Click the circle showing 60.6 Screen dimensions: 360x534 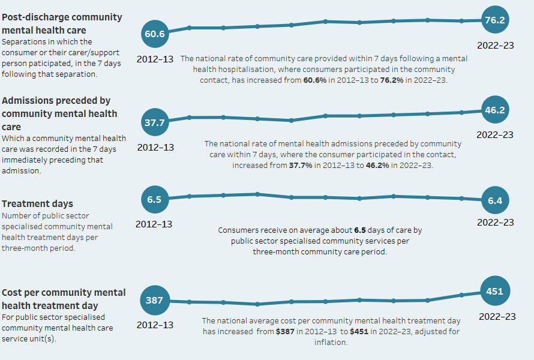(154, 34)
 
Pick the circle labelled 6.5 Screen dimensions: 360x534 (154, 200)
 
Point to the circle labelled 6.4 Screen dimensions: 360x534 (494, 201)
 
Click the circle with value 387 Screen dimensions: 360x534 (154, 301)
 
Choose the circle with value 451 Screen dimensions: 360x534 (494, 291)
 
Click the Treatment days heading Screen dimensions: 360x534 (37, 203)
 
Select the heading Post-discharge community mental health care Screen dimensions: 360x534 (61, 23)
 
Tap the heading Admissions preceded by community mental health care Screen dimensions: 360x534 (59, 113)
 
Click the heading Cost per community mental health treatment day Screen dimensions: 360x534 (64, 299)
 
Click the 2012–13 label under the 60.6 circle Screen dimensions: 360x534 (155, 59)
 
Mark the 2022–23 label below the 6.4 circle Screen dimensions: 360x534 (495, 222)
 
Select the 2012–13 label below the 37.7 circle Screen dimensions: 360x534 (155, 147)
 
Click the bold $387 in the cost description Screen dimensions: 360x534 (284, 331)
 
